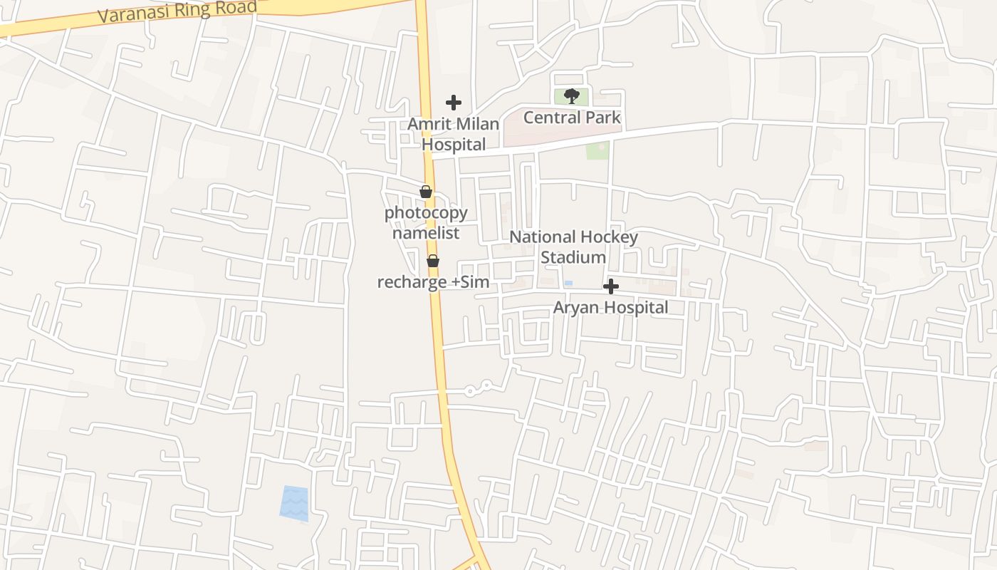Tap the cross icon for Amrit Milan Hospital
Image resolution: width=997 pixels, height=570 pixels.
pyautogui.click(x=454, y=103)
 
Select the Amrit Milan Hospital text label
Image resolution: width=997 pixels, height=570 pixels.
pyautogui.click(x=454, y=134)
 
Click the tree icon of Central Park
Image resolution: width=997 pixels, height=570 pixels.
pyautogui.click(x=571, y=96)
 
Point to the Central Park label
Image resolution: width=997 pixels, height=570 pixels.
pyautogui.click(x=572, y=118)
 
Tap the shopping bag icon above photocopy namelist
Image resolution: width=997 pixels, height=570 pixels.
pyautogui.click(x=426, y=192)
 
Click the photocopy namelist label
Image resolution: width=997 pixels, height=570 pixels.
pyautogui.click(x=426, y=222)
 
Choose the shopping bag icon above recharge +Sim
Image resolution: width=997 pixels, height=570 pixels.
pyautogui.click(x=433, y=261)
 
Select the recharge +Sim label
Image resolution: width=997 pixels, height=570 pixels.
pyautogui.click(x=433, y=282)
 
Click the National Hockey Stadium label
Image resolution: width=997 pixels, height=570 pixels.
pyautogui.click(x=573, y=247)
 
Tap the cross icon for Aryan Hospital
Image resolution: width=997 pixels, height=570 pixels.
pyautogui.click(x=611, y=287)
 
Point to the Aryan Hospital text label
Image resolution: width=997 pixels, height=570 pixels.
pyautogui.click(x=611, y=308)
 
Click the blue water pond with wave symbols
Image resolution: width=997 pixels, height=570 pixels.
pyautogui.click(x=295, y=503)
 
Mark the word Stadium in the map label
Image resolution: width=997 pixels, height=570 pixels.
pyautogui.click(x=573, y=257)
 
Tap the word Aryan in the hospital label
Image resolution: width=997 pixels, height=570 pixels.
pyautogui.click(x=578, y=308)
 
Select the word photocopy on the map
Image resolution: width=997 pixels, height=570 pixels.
pyautogui.click(x=426, y=212)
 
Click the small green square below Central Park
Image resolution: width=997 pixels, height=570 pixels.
pyautogui.click(x=597, y=150)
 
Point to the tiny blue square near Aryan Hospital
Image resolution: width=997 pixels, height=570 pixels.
pyautogui.click(x=568, y=284)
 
